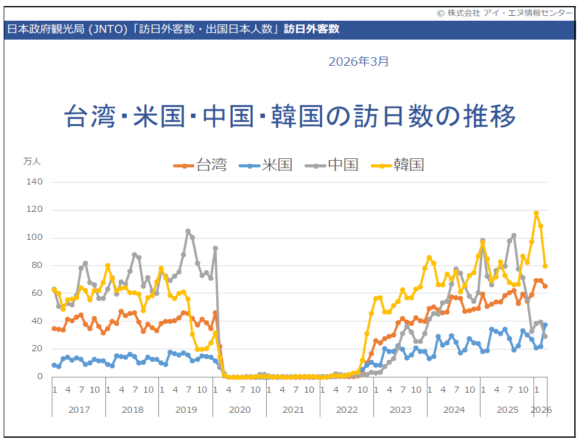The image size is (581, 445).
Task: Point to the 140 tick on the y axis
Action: coord(35,182)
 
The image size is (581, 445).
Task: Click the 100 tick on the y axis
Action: coord(35,237)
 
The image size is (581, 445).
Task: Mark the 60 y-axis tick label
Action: coord(37,293)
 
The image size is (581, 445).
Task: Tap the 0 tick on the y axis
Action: coord(40,376)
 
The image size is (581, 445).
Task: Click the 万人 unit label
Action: coord(32,161)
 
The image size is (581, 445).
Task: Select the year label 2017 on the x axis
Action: coord(79,410)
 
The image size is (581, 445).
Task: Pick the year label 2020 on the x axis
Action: coord(239,410)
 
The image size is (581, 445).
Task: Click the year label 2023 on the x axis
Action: coord(400,410)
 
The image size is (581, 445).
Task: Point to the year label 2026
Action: coord(541,410)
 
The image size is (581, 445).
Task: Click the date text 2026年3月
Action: coord(358,61)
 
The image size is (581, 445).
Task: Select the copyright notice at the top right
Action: coord(504,13)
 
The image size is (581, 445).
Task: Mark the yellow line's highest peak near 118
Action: coord(536,213)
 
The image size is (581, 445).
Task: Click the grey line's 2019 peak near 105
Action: coord(188,231)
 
